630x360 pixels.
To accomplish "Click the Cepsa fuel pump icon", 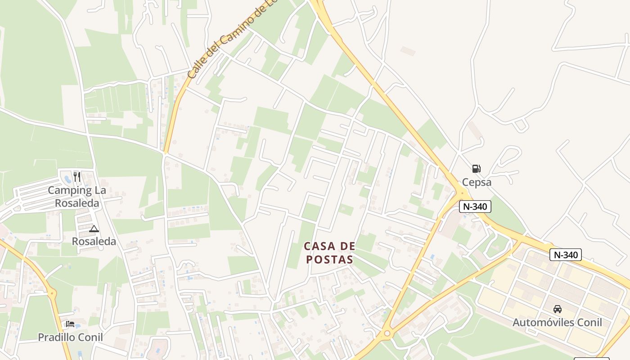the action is point(476,169).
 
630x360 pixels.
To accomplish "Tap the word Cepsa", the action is point(477,182).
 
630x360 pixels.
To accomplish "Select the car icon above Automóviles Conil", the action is point(557,309).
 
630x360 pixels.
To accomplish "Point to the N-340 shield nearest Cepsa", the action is point(475,207).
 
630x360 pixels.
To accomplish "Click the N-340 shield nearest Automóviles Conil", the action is point(566,255).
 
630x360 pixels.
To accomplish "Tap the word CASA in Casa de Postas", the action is point(320,246).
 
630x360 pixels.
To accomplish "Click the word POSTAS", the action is point(330,260).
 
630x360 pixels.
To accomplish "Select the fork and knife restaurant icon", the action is point(77,176).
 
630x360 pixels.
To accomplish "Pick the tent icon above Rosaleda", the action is point(94,229).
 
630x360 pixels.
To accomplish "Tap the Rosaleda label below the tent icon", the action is point(94,242).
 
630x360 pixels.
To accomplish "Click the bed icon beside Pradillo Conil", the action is point(70,324).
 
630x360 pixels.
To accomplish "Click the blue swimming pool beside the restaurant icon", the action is point(68,179).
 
